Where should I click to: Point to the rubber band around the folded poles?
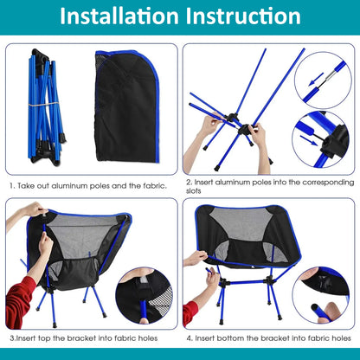[x=39, y=105]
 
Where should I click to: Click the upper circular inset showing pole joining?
[x=322, y=80]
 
